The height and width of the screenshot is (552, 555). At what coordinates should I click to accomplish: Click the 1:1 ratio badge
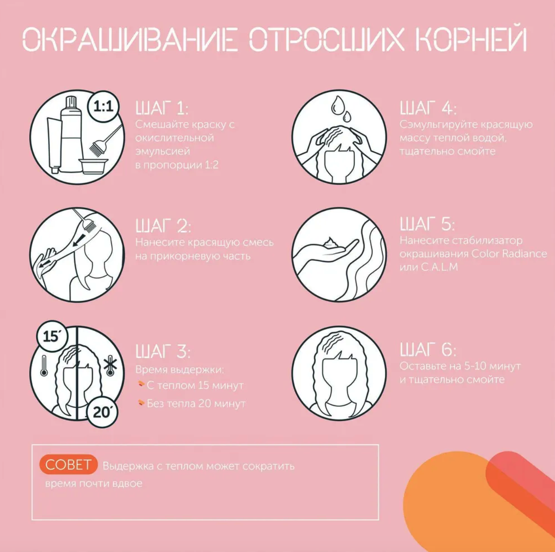[104, 107]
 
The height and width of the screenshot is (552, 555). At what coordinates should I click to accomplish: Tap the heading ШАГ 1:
[162, 108]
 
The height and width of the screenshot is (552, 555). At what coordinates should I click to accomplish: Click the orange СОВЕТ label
[68, 464]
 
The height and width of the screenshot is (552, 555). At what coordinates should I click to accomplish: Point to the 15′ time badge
[52, 336]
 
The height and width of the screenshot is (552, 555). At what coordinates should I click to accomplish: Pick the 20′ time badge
[102, 413]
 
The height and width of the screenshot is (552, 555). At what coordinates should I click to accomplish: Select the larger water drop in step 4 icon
[336, 106]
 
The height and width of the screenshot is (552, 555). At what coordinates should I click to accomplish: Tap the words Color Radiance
[509, 254]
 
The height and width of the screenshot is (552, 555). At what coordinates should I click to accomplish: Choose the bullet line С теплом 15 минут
[191, 386]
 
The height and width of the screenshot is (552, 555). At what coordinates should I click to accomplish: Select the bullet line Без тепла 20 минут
[192, 404]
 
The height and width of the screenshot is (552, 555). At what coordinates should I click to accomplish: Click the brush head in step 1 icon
[95, 146]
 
